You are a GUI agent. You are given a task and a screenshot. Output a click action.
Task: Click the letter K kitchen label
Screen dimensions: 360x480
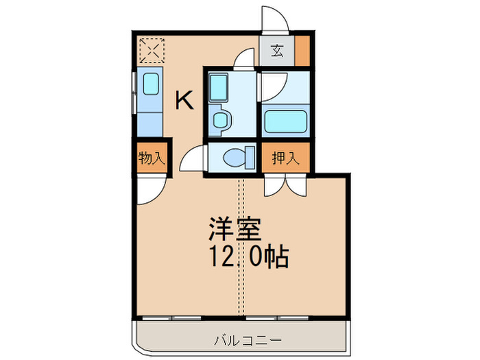point(184,101)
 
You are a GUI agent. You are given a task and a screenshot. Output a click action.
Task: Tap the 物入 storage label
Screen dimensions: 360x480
point(151,158)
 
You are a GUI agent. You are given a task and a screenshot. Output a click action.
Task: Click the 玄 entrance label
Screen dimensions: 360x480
point(276,51)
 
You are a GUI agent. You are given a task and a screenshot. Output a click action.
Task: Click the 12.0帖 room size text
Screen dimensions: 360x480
point(248,258)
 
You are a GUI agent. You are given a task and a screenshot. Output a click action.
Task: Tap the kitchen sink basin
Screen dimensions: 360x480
point(150,85)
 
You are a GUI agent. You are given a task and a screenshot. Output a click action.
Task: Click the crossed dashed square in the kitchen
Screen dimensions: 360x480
point(151,49)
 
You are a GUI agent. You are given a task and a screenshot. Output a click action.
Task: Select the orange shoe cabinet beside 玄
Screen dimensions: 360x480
point(301,51)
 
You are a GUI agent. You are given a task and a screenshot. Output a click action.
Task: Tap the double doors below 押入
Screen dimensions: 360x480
point(285,184)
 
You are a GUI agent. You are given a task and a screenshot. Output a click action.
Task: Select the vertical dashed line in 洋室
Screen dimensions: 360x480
point(241,247)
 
